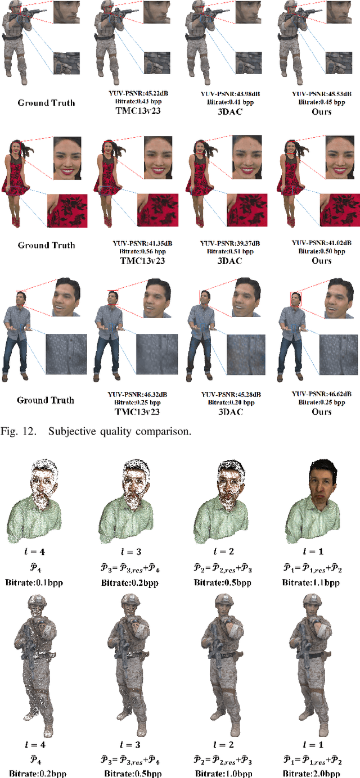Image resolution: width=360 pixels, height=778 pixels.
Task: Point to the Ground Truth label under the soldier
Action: pos(46,103)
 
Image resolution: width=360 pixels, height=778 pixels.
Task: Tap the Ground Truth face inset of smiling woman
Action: pos(70,155)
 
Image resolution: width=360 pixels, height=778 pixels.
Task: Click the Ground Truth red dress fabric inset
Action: pos(67,210)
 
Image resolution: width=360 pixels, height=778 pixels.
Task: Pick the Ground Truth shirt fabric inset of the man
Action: pos(65,354)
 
